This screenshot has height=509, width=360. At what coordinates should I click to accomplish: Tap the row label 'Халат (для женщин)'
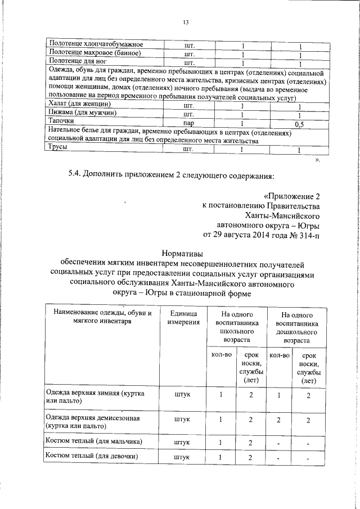[x=79, y=105]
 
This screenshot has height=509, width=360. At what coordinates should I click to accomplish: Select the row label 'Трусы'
[x=58, y=148]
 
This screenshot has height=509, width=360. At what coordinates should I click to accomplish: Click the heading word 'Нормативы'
[x=181, y=254]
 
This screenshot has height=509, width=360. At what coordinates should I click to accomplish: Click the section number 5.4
[x=75, y=176]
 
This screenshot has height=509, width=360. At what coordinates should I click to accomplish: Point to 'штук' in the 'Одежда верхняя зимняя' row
[x=182, y=394]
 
